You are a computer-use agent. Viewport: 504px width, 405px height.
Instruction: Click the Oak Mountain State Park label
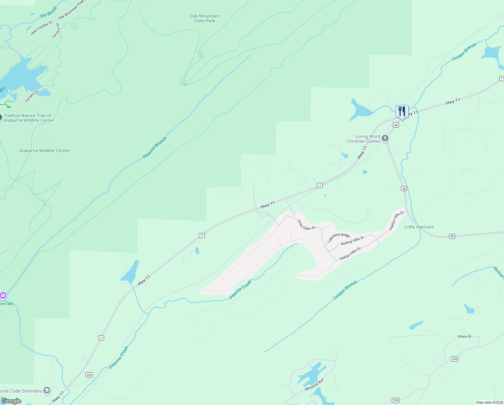point(204,18)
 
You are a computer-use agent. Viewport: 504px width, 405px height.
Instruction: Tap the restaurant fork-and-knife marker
point(402,111)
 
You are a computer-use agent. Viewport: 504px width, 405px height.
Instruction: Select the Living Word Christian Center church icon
point(385,138)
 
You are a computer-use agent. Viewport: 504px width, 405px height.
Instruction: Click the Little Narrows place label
point(419,227)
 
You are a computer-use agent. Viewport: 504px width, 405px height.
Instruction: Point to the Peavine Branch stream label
point(155,147)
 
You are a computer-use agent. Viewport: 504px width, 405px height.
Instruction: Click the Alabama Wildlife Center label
point(44,151)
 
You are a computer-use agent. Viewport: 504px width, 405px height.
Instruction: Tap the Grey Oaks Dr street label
point(307,225)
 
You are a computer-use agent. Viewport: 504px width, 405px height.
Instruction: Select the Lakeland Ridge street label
point(338,238)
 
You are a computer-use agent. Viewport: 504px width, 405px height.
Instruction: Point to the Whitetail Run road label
point(314,384)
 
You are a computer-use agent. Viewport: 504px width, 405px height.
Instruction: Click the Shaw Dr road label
point(465,336)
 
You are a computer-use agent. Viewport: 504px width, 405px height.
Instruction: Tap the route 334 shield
point(89,375)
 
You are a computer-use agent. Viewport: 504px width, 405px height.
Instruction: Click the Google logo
point(11,401)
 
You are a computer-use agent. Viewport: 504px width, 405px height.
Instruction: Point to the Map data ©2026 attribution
point(489,402)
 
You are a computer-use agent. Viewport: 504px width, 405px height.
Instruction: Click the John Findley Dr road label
point(41,28)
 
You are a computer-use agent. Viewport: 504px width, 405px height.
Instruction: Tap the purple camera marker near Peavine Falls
point(3,296)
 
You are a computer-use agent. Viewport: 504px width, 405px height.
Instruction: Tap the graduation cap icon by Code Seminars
point(47,390)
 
